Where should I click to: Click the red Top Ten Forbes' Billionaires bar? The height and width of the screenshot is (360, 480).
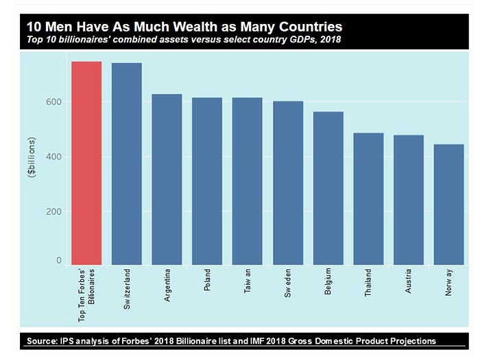pos(86,163)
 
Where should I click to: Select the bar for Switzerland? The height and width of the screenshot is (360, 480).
pos(127,164)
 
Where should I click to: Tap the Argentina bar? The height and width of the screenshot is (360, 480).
pos(167,179)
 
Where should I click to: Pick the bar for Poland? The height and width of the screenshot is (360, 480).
pos(207,181)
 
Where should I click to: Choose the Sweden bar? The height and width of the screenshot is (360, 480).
pos(288,182)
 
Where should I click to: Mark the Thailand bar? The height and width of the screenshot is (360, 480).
pos(368,199)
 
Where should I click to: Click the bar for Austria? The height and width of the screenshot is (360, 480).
pos(409,200)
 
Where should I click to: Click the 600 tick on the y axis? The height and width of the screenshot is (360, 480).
pos(53,102)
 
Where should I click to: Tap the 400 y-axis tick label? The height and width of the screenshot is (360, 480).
pos(53,156)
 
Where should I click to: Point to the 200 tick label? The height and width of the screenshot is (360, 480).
pos(53,211)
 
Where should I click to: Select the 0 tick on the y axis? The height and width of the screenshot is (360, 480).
pos(58,261)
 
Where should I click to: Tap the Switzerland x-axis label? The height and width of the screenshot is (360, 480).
pos(127,292)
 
